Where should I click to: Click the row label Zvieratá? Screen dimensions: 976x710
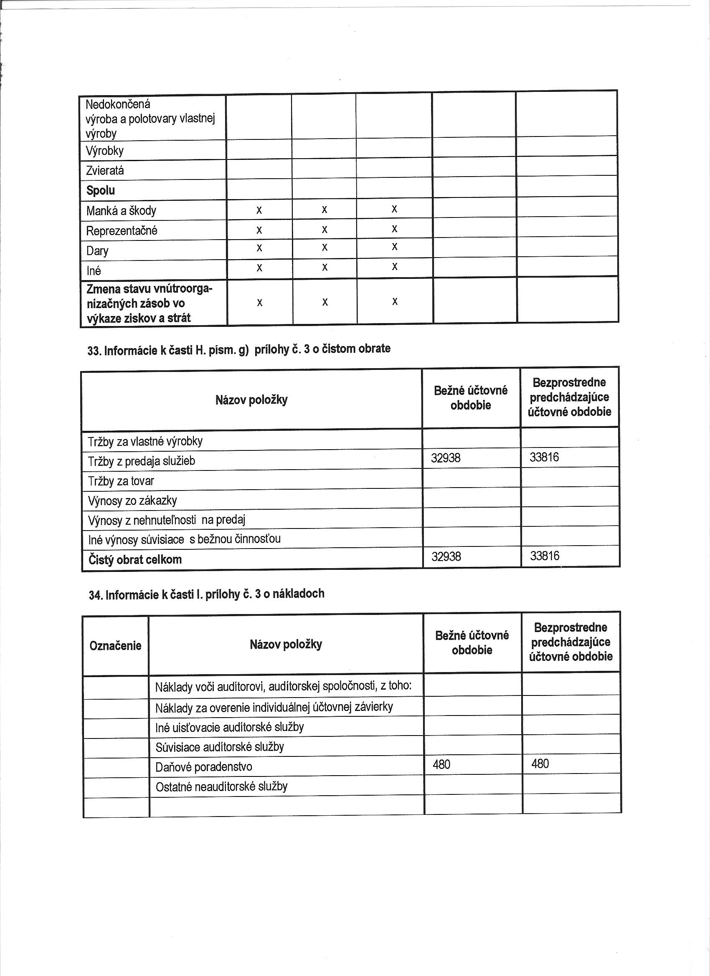105,170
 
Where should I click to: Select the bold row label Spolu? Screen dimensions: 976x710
100,190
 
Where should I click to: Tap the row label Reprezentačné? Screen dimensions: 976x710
122,231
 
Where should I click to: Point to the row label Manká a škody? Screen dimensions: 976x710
121,210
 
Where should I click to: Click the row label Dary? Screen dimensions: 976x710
97,250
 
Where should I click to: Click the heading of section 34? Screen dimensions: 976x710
206,594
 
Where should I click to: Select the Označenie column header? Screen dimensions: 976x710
115,645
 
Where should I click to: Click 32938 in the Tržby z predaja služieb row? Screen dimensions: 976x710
446,458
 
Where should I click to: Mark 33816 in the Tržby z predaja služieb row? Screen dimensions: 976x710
544,457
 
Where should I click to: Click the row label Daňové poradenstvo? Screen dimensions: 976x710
204,766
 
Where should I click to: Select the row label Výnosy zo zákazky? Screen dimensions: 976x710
132,501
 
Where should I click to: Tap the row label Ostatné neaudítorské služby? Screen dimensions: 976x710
221,786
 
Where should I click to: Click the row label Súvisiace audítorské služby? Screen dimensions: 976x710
220,747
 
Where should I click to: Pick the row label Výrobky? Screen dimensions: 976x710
105,151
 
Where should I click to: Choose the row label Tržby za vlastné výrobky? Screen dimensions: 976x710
145,441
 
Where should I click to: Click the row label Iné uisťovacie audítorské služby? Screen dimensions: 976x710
229,727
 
